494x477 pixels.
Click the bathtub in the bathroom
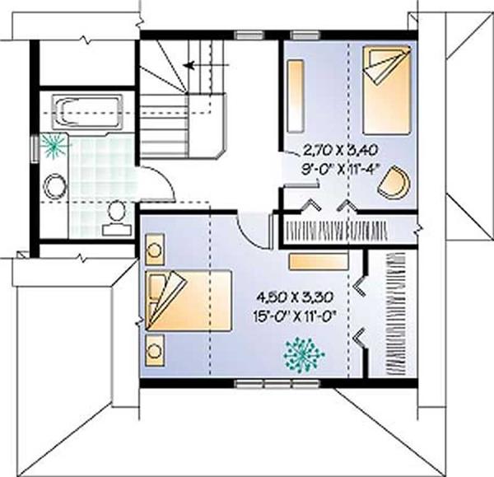click(x=87, y=113)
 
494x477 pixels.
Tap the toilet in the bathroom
click(x=117, y=218)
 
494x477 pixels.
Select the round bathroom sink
click(x=55, y=186)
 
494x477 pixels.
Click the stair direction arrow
click(x=206, y=66)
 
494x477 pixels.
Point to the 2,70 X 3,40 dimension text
click(x=340, y=151)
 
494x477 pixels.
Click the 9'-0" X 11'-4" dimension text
click(x=340, y=171)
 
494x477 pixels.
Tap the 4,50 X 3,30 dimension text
click(x=295, y=297)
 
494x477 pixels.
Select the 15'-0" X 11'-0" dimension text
click(x=295, y=316)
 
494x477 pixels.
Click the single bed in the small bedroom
click(x=387, y=91)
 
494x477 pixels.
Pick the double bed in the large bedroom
click(x=189, y=301)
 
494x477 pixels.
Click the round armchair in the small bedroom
click(x=394, y=183)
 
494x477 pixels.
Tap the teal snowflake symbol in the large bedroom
click(x=303, y=355)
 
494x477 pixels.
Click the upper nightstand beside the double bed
click(x=155, y=250)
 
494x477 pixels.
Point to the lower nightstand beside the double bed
click(x=155, y=351)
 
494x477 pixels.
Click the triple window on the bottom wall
click(x=277, y=384)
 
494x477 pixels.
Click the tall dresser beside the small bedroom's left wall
click(x=296, y=96)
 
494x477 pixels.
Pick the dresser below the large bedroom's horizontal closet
click(x=319, y=261)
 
